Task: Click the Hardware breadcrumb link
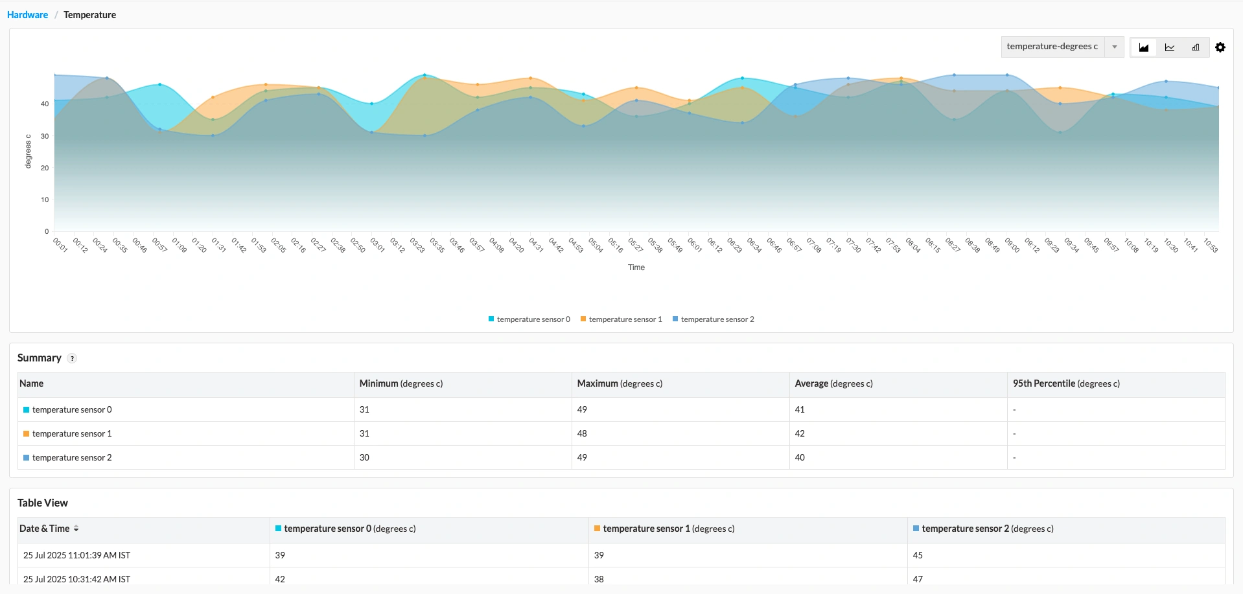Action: [27, 15]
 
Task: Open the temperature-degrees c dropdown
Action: [1062, 47]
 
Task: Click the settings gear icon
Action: [1220, 47]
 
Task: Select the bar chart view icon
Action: [1196, 47]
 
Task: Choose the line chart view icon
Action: [1170, 47]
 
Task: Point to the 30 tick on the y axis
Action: [45, 137]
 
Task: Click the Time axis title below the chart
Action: [636, 268]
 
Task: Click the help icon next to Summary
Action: [72, 359]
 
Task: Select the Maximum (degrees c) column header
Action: [620, 383]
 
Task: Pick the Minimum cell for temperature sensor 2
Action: [364, 457]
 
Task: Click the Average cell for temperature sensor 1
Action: [800, 433]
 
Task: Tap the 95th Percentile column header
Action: [1066, 383]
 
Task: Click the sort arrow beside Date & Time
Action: [76, 529]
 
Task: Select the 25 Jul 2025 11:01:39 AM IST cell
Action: [76, 555]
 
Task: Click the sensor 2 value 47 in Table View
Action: [918, 578]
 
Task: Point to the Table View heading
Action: [43, 503]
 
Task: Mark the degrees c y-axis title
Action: [28, 152]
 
